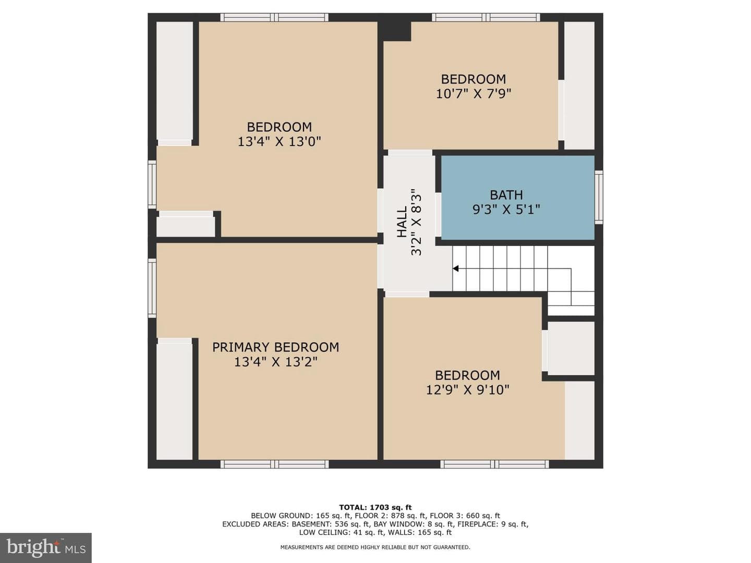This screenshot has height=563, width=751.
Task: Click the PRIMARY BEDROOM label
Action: pyautogui.click(x=275, y=347)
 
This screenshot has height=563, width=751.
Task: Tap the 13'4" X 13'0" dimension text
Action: pyautogui.click(x=279, y=141)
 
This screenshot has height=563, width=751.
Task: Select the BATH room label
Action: pyautogui.click(x=506, y=195)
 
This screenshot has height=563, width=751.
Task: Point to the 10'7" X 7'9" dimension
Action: pyautogui.click(x=473, y=93)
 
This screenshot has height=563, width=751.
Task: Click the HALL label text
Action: pyautogui.click(x=402, y=222)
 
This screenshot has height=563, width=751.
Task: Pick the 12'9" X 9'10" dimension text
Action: pyautogui.click(x=467, y=390)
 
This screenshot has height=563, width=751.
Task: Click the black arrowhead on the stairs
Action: pyautogui.click(x=455, y=268)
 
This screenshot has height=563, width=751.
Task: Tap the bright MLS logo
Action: pyautogui.click(x=46, y=547)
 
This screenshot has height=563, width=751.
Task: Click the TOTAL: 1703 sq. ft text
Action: pyautogui.click(x=375, y=507)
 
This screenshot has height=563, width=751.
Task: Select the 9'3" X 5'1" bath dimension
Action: pyautogui.click(x=506, y=209)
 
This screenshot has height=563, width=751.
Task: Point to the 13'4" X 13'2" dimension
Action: pyautogui.click(x=275, y=362)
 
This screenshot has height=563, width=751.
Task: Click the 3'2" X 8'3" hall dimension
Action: pyautogui.click(x=416, y=222)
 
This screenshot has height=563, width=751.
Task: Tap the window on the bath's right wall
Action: pyautogui.click(x=598, y=197)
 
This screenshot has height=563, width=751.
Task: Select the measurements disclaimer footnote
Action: pyautogui.click(x=375, y=547)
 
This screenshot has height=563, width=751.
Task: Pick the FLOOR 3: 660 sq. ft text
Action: pyautogui.click(x=465, y=516)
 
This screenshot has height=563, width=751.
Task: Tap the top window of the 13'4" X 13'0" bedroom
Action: pyautogui.click(x=274, y=17)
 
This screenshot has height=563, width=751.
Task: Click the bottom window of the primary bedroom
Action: pyautogui.click(x=274, y=464)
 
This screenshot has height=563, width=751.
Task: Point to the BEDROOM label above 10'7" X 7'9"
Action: pyautogui.click(x=473, y=79)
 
